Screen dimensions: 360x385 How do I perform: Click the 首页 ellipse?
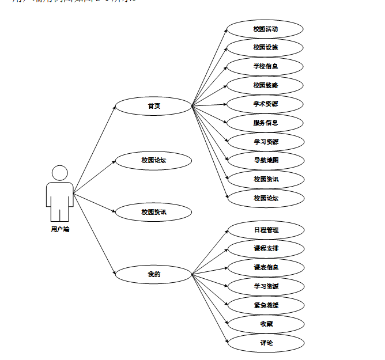pos(153,106)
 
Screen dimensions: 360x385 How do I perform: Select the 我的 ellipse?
pos(153,274)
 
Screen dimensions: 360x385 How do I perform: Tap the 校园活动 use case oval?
pos(265,29)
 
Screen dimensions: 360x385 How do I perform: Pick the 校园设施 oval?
pos(265,48)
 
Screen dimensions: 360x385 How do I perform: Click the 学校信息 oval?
pos(265,66)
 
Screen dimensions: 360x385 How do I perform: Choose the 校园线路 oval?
pos(265,85)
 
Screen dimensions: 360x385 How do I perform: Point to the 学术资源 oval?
pos(265,104)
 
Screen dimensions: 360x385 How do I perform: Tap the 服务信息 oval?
pos(265,123)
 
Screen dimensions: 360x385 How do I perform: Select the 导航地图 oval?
pos(265,160)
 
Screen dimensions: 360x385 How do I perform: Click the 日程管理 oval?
pos(266,230)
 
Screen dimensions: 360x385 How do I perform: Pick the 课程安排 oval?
pos(266,249)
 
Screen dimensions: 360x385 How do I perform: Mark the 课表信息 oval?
pos(266,267)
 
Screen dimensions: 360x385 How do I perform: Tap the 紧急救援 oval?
pos(266,305)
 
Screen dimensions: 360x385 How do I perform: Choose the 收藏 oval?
pos(266,324)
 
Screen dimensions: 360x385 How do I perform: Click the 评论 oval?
pos(266,343)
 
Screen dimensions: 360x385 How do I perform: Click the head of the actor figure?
pos(60,173)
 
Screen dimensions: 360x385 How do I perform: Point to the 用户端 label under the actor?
pos(60,229)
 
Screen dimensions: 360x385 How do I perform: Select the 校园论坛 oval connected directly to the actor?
pos(153,160)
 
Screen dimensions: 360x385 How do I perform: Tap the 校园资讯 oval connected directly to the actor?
pos(153,212)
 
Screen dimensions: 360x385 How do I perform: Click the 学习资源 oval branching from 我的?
pos(266,286)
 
